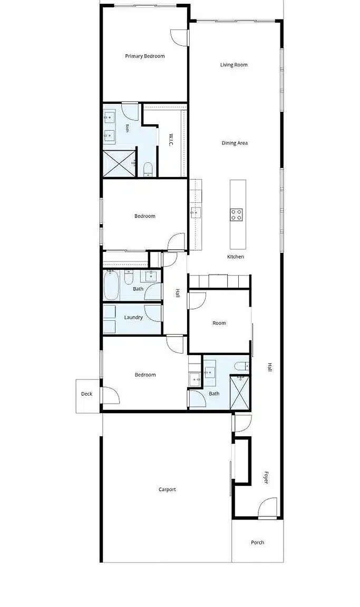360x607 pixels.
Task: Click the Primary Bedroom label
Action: pyautogui.click(x=145, y=56)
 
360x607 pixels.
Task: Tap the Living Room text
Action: pyautogui.click(x=234, y=65)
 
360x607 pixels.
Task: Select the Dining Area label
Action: pyautogui.click(x=235, y=143)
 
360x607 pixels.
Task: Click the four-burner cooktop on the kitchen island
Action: pyautogui.click(x=237, y=214)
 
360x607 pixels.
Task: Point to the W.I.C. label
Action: pyautogui.click(x=171, y=140)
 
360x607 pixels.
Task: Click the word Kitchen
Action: pyautogui.click(x=236, y=257)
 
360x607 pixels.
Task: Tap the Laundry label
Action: pyautogui.click(x=133, y=317)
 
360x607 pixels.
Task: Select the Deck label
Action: pyautogui.click(x=87, y=394)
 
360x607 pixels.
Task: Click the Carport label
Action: pyautogui.click(x=167, y=489)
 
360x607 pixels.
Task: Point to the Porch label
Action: pyautogui.click(x=257, y=542)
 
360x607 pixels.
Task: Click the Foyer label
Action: pyautogui.click(x=266, y=477)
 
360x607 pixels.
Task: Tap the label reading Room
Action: pyautogui.click(x=219, y=323)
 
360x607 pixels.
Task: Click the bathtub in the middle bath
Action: pyautogui.click(x=111, y=285)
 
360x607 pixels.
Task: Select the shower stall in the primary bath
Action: pyautogui.click(x=119, y=164)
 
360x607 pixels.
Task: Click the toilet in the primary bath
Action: pyautogui.click(x=148, y=170)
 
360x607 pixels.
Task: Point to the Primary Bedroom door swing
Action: pyautogui.click(x=179, y=37)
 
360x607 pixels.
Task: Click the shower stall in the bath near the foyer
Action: pyautogui.click(x=240, y=392)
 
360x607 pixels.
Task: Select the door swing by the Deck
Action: pyautogui.click(x=110, y=396)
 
